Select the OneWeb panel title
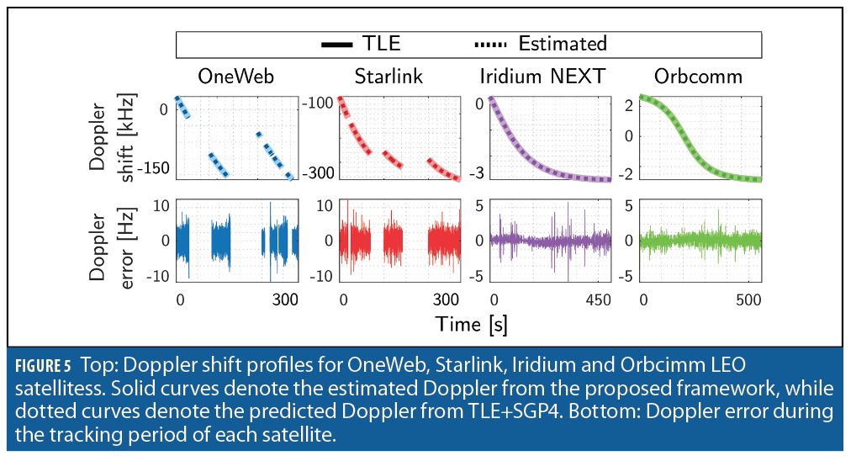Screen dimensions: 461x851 click(x=235, y=77)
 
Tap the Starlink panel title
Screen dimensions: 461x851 click(x=388, y=77)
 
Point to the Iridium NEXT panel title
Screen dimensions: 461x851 click(x=542, y=77)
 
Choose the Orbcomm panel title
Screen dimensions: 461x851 click(x=698, y=77)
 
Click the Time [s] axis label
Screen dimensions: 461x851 click(x=470, y=323)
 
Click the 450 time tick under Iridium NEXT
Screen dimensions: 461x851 click(x=599, y=300)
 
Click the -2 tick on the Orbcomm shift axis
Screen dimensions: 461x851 click(x=626, y=172)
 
